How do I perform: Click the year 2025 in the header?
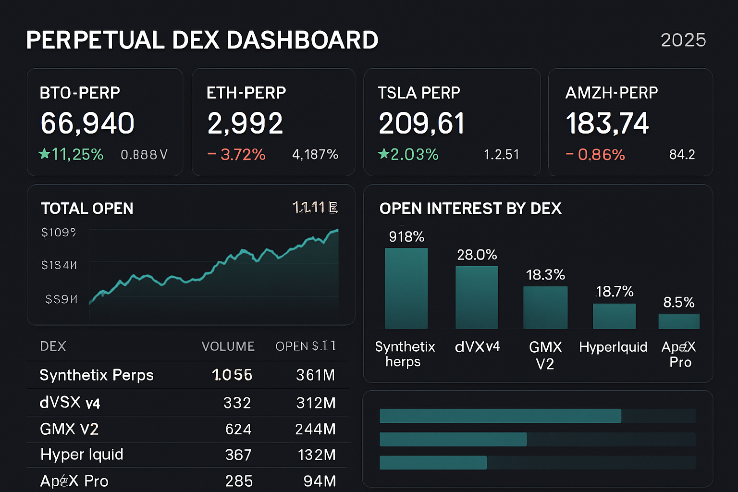pos(683,40)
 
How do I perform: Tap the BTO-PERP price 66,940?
pos(87,123)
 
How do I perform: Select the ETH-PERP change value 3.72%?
pos(243,154)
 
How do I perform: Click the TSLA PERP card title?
pos(418,93)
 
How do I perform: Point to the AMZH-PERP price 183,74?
pos(607,123)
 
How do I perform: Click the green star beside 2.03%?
pos(383,154)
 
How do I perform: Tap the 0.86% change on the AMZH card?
pos(601,154)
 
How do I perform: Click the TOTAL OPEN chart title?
pos(87,208)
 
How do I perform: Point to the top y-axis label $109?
pos(59,233)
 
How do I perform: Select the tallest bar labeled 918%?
pos(406,288)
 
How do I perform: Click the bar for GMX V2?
pos(545,307)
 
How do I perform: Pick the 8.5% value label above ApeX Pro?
pos(678,302)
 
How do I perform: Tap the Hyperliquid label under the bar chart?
pos(613,347)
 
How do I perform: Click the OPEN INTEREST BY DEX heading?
pos(470,208)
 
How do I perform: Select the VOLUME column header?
pos(228,346)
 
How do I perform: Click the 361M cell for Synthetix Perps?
pos(315,375)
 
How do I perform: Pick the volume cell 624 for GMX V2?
pos(238,429)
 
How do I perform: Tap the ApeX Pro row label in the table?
pos(74,481)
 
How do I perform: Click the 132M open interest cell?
pos(316,455)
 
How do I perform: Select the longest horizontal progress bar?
pos(500,416)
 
